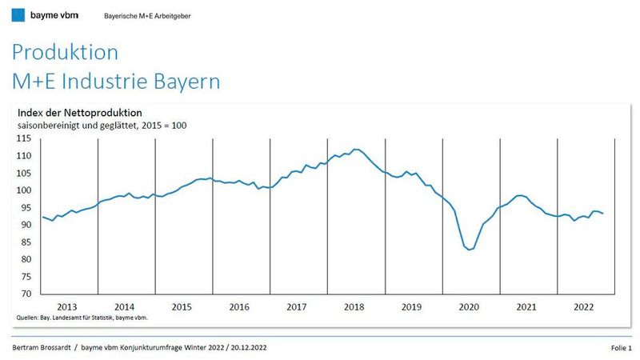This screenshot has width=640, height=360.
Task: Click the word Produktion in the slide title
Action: tap(65, 53)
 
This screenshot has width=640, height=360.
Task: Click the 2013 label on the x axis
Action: tap(68, 307)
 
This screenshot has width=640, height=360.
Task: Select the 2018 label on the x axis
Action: tap(355, 307)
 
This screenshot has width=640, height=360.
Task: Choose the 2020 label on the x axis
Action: tap(470, 307)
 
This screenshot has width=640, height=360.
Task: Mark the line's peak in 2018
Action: tap(357, 150)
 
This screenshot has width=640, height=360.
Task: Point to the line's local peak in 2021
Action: tap(520, 195)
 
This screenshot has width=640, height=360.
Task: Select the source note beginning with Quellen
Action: tap(82, 318)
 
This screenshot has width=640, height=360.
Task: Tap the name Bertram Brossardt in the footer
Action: tap(46, 349)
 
